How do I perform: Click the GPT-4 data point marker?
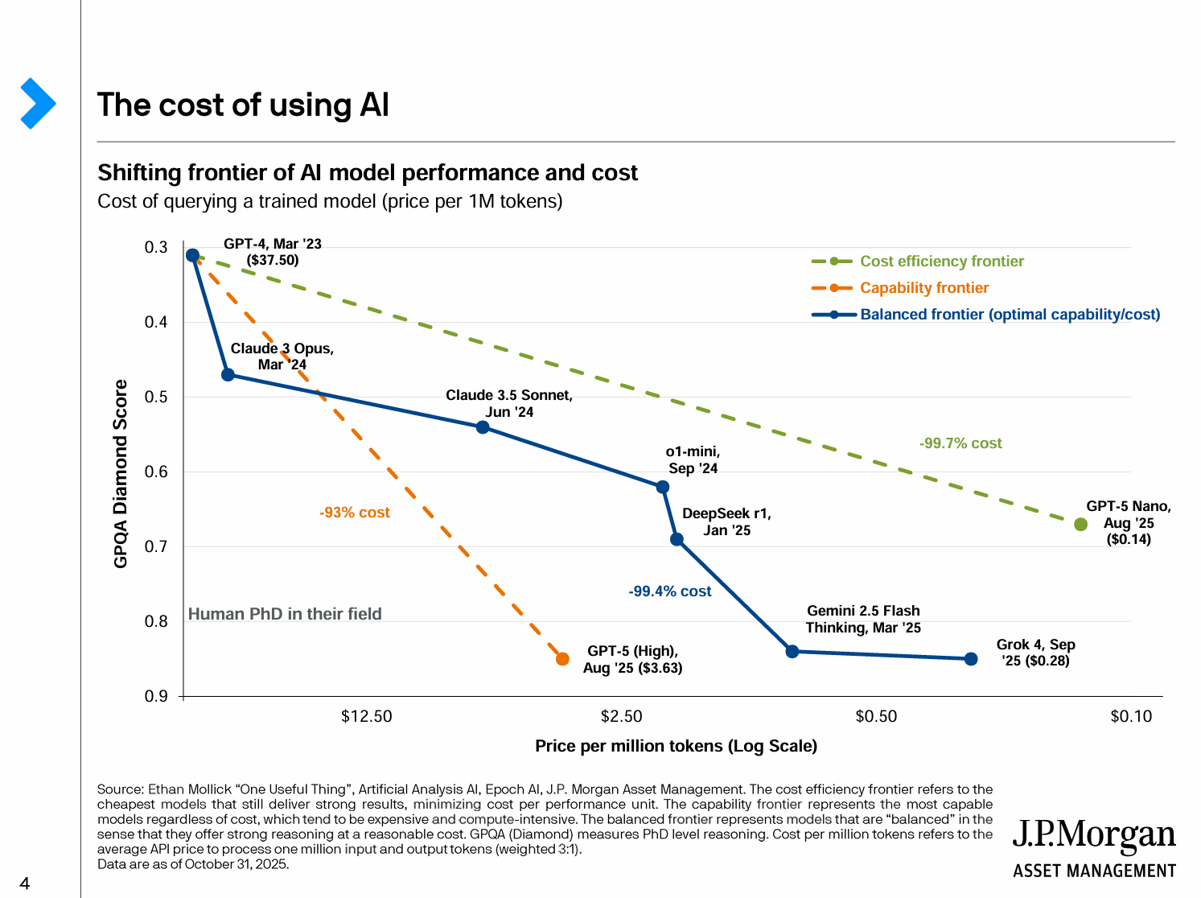tap(192, 255)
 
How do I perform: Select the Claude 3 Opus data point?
tap(228, 375)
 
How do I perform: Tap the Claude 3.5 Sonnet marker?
tap(483, 427)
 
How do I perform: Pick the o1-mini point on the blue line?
tap(663, 487)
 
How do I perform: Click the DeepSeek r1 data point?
tap(677, 539)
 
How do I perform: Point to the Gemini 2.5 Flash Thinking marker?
tap(792, 651)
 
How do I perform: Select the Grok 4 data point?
tap(971, 659)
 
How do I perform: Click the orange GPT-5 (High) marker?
tap(563, 659)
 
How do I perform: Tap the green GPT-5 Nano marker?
tap(1081, 525)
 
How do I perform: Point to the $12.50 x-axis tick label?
tap(367, 716)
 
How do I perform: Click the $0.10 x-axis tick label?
tap(1131, 716)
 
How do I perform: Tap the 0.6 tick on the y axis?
tap(156, 472)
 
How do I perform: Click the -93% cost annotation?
tap(355, 513)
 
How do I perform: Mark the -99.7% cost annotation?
tap(960, 443)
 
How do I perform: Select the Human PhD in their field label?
tap(285, 614)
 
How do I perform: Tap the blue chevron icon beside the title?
tap(38, 104)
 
